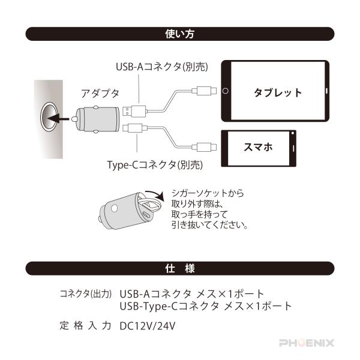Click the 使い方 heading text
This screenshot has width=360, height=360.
[x=180, y=34]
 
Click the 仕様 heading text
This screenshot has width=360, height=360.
[x=180, y=268]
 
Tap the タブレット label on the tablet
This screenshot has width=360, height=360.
[x=277, y=92]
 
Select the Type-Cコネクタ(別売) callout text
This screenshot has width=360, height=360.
[x=155, y=164]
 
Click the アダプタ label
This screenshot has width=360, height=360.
[x=100, y=93]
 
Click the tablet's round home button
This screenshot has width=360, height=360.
[x=226, y=92]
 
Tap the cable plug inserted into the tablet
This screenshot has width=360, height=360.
[x=205, y=92]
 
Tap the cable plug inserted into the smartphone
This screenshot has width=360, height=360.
[x=205, y=146]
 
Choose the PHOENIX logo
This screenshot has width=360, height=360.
[x=307, y=343]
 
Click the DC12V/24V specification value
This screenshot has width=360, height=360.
[x=148, y=326]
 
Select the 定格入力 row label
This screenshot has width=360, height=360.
[x=86, y=326]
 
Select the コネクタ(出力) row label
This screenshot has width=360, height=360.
[x=86, y=295]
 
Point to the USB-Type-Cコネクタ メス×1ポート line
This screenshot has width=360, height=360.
[x=206, y=306]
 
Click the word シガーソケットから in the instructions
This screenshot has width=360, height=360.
[x=207, y=193]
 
